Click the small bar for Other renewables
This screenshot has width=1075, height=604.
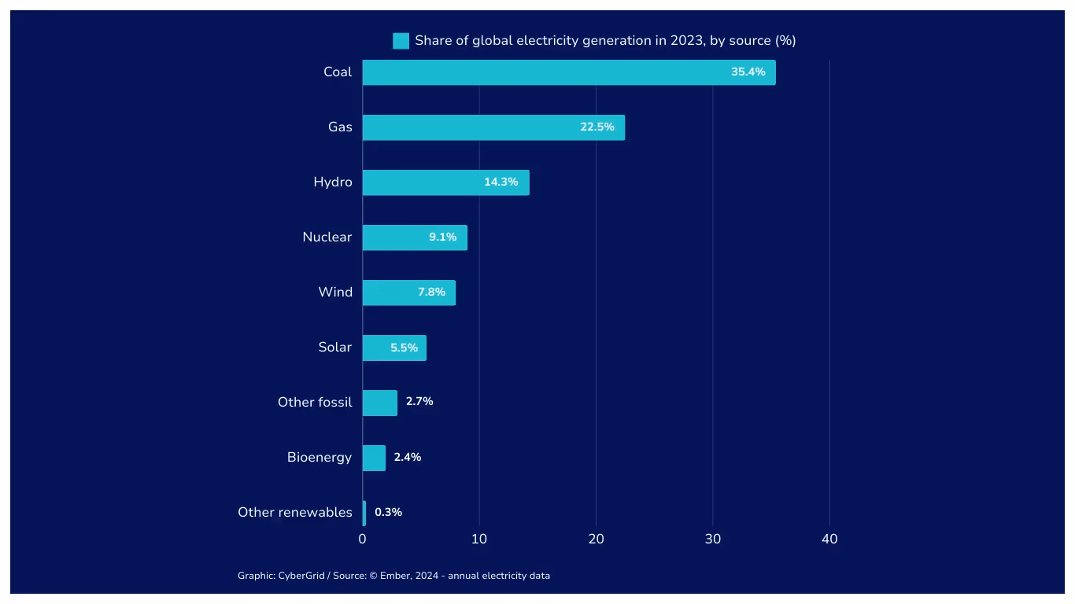pos(364,513)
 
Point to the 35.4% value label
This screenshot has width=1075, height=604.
pos(748,72)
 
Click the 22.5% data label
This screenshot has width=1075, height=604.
pos(597,127)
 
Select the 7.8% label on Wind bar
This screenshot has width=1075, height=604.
pos(431,292)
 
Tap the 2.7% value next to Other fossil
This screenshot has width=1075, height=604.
pos(419,402)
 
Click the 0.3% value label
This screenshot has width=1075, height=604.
pos(388,512)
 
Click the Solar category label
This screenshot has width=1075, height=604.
pos(334,347)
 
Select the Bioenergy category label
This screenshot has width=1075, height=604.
pos(319,457)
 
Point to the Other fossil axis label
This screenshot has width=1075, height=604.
pos(314,402)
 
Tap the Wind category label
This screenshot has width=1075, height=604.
pos(335,292)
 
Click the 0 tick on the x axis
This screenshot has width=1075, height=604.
pos(362,539)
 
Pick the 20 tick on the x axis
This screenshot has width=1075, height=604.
pos(596,539)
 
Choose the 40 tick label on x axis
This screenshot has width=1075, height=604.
pos(829,539)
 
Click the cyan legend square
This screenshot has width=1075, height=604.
pos(401,41)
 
